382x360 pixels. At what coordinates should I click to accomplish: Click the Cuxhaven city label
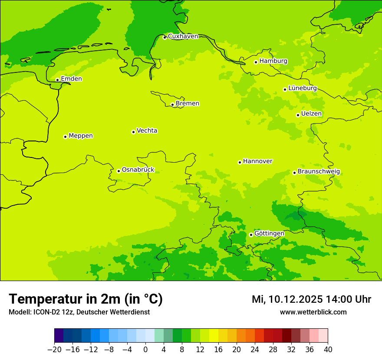click(183, 36)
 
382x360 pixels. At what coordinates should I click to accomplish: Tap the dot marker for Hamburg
click(256, 62)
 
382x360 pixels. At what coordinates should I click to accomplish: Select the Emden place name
click(71, 79)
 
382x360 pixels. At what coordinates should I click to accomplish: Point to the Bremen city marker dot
click(172, 105)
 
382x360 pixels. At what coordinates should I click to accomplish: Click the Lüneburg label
click(302, 88)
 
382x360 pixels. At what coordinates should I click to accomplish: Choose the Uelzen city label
click(311, 114)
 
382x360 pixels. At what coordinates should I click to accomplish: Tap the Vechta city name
click(147, 131)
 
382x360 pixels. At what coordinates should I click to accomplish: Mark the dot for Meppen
click(65, 137)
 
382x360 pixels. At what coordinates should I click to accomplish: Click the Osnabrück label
click(138, 170)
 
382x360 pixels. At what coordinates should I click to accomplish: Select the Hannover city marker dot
click(240, 162)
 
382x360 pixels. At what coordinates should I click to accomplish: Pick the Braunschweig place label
click(319, 172)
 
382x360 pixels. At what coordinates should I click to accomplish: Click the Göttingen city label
click(269, 234)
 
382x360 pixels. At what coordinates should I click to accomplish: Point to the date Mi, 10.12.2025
click(286, 299)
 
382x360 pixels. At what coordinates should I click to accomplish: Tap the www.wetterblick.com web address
click(313, 312)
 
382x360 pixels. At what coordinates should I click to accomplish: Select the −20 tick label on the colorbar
click(54, 350)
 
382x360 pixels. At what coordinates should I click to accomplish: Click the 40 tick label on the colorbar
click(328, 350)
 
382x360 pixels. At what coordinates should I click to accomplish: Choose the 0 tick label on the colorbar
click(145, 350)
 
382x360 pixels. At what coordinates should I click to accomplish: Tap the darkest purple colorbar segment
click(59, 336)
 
